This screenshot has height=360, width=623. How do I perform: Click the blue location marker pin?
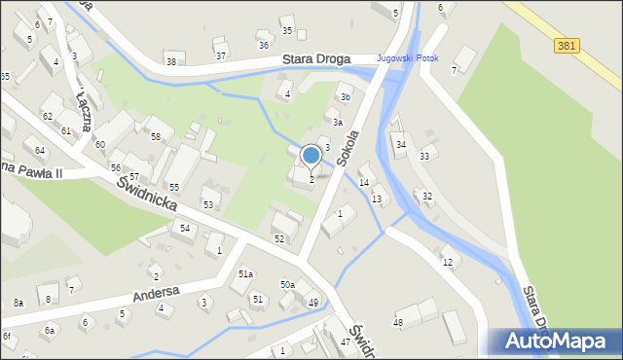click(311, 156)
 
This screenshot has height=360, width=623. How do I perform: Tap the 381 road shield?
click(567, 45)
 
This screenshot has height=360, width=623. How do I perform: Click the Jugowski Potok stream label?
click(407, 58)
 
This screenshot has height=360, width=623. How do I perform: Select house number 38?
click(171, 61)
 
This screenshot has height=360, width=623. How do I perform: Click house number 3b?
click(345, 97)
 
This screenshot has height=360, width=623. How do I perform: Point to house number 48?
click(398, 322)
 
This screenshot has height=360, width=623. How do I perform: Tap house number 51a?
click(246, 275)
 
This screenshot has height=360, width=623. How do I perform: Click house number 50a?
click(287, 284)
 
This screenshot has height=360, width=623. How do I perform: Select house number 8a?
click(18, 303)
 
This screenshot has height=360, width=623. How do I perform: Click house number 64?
click(40, 151)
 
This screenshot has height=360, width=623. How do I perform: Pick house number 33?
click(424, 157)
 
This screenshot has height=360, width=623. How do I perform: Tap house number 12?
click(447, 263)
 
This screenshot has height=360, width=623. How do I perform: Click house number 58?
click(156, 136)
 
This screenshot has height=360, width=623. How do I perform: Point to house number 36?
click(263, 46)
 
